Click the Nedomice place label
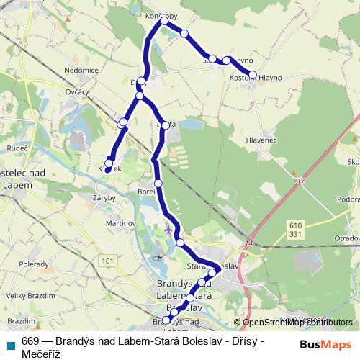pos(81,71)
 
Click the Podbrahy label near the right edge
pos(348,199)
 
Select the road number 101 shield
pos(108,260)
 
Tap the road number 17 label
pos(300,183)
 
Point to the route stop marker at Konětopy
pos(164,21)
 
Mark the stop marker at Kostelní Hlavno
pos(252,74)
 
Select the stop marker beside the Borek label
pos(158,184)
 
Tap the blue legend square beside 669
pos(10,342)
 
